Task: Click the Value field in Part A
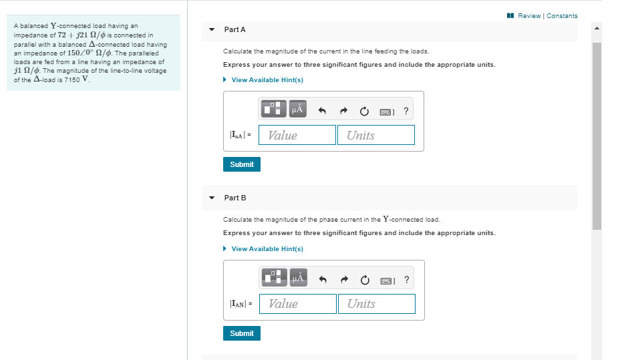297,135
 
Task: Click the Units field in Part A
375,135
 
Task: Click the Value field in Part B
297,304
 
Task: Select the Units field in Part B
376,304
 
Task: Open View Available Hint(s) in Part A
267,80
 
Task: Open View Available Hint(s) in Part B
267,249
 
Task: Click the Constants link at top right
562,16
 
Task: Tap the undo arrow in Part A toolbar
321,110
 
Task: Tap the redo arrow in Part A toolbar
343,110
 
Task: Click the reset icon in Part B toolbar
365,279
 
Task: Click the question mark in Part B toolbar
407,279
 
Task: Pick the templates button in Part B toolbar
273,278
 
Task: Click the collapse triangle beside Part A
212,30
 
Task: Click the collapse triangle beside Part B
212,198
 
